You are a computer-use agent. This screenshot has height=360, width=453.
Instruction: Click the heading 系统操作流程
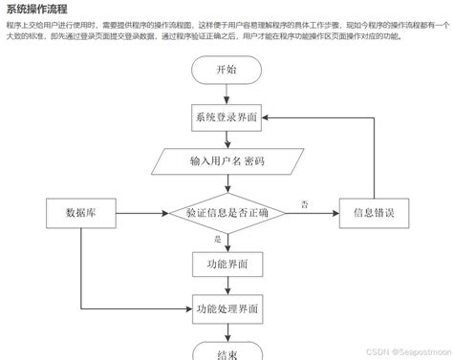[x=39, y=10]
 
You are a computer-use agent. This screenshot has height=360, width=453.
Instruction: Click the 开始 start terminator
[x=226, y=71]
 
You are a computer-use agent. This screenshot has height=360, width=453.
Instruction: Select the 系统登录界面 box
[x=226, y=117]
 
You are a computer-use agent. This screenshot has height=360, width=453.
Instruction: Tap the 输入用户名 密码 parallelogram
[x=226, y=161]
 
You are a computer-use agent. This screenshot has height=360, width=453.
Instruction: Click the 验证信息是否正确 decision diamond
[x=226, y=213]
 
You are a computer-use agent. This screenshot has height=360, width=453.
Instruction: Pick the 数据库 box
[x=79, y=213]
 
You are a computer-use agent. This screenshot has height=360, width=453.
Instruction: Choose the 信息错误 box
[x=374, y=213]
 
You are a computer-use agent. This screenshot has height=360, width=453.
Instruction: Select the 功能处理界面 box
[x=226, y=308]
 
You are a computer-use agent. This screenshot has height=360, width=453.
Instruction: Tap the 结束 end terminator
[x=226, y=352]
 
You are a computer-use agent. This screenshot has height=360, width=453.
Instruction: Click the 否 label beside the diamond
[x=304, y=204]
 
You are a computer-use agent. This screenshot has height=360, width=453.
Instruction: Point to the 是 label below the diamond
[x=217, y=239]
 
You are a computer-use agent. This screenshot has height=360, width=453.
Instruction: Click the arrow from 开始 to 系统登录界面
[x=226, y=94]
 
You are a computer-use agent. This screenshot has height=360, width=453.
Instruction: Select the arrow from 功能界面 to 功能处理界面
[x=226, y=286]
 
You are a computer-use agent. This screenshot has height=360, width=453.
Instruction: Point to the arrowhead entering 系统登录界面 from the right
[x=269, y=117]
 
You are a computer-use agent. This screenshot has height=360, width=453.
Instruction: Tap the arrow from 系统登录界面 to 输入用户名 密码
[x=226, y=139]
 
